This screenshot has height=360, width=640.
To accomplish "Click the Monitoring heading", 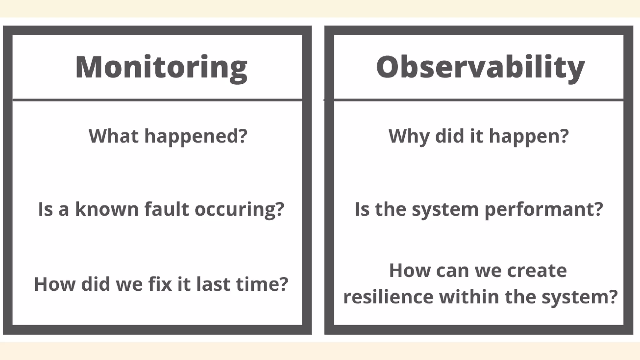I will coord(161,67).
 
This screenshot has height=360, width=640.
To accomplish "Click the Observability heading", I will coord(480,67).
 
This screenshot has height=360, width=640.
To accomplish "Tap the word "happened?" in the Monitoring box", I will coord(196,137).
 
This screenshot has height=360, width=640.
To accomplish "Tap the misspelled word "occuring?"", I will coord(239,209).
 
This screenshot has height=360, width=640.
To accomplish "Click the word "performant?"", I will coord(543,209).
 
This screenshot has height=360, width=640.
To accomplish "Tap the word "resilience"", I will coord(388,297).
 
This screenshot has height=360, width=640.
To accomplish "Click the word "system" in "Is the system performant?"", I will coord(445,209).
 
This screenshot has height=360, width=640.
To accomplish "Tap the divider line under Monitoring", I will coord(157,100).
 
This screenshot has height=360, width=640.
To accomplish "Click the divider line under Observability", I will coord(478,100).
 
